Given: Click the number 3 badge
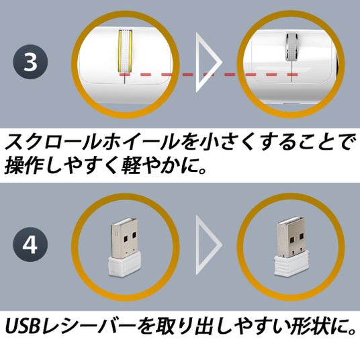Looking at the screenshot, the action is pyautogui.click(x=30, y=62).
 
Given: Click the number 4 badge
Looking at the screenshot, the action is pyautogui.click(x=30, y=244).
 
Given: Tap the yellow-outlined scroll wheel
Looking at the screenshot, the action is pyautogui.click(x=125, y=50).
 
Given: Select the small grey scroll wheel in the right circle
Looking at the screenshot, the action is pyautogui.click(x=291, y=47).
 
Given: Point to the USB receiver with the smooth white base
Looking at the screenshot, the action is pyautogui.click(x=124, y=246).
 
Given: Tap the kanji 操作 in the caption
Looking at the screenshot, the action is pyautogui.click(x=25, y=165).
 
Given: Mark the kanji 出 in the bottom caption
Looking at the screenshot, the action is pyautogui.click(x=205, y=326).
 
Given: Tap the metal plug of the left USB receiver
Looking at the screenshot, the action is pyautogui.click(x=125, y=238).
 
